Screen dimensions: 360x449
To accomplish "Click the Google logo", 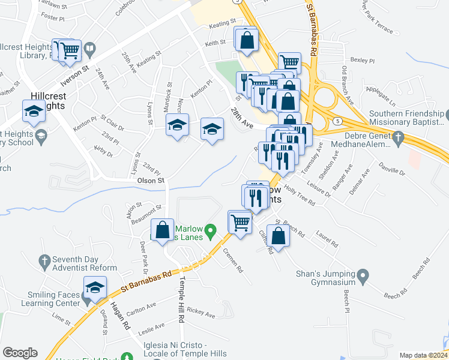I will click(20, 353).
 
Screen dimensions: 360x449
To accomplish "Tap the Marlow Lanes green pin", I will click(209, 230).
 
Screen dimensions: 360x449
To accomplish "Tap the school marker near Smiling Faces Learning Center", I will click(95, 288).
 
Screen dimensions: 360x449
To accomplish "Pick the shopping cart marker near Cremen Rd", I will click(240, 223).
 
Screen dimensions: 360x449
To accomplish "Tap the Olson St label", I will click(151, 180).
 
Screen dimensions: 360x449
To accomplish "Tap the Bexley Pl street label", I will click(362, 61).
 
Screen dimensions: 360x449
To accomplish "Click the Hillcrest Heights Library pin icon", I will click(89, 48).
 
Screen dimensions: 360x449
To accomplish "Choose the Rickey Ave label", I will click(200, 313).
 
